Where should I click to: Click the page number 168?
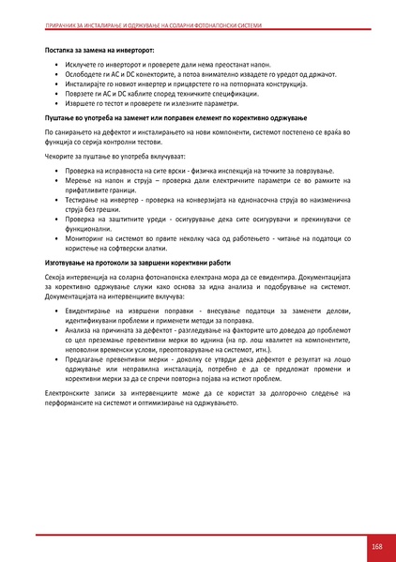click(376, 546)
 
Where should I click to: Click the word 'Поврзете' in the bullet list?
click(81, 94)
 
